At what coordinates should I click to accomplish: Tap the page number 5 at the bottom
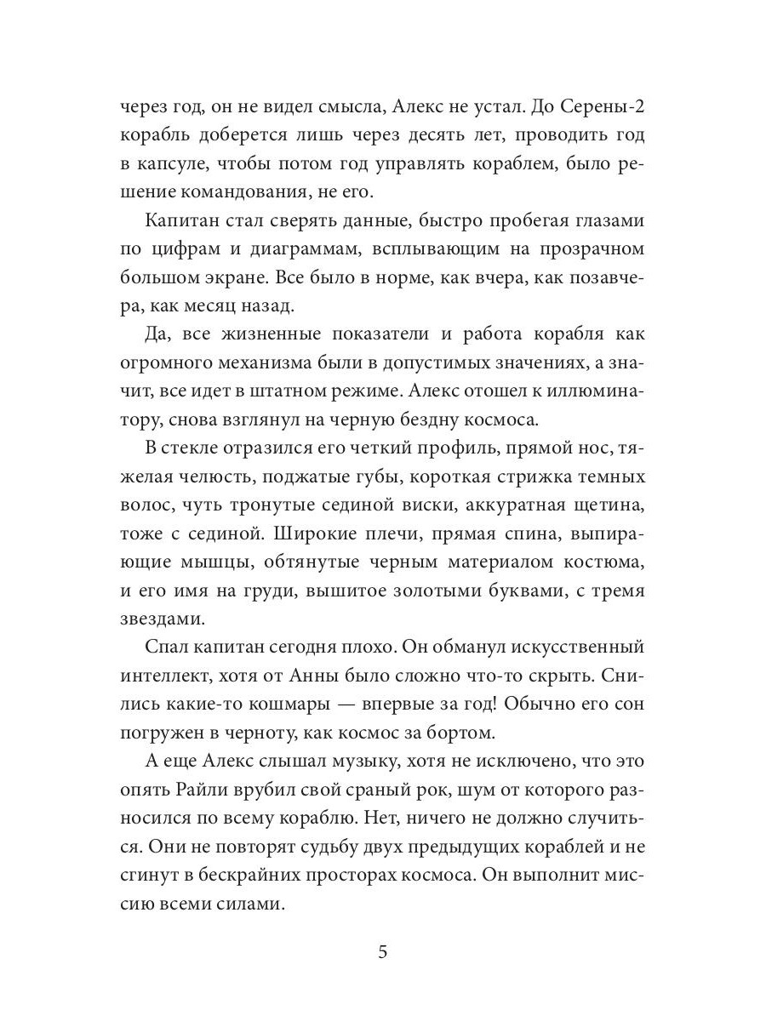pyautogui.click(x=383, y=951)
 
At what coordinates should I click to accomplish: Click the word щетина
pyautogui.click(x=609, y=509)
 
